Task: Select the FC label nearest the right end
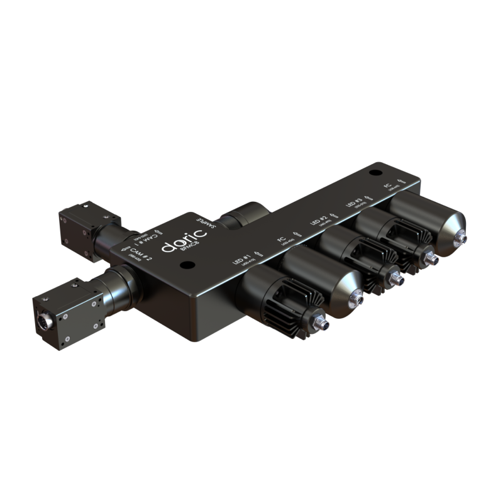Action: coord(389,185)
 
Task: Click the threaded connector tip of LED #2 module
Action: coord(395,277)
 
